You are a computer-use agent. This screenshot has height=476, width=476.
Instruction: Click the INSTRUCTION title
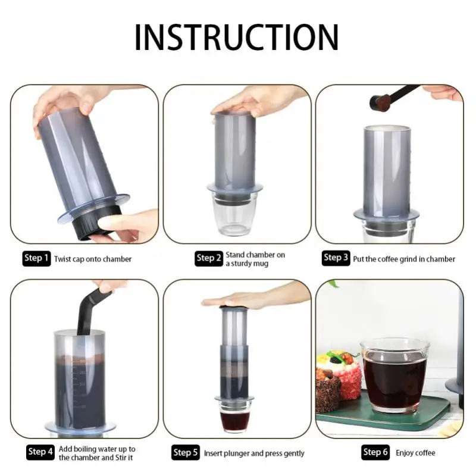coord(236,36)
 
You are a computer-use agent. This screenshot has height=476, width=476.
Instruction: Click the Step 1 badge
coord(36,258)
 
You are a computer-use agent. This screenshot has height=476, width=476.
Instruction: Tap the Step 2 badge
coord(209,258)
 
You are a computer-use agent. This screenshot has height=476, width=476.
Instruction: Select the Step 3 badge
coord(336,258)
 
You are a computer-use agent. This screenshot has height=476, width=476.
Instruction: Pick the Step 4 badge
coord(41,452)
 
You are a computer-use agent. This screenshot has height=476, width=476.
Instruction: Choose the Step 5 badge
coord(186,453)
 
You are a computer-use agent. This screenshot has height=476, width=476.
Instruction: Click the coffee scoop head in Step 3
coord(377,102)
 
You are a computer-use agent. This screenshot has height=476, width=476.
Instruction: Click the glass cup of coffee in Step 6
coord(394,375)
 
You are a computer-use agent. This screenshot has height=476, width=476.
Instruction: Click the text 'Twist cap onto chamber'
coord(93,259)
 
